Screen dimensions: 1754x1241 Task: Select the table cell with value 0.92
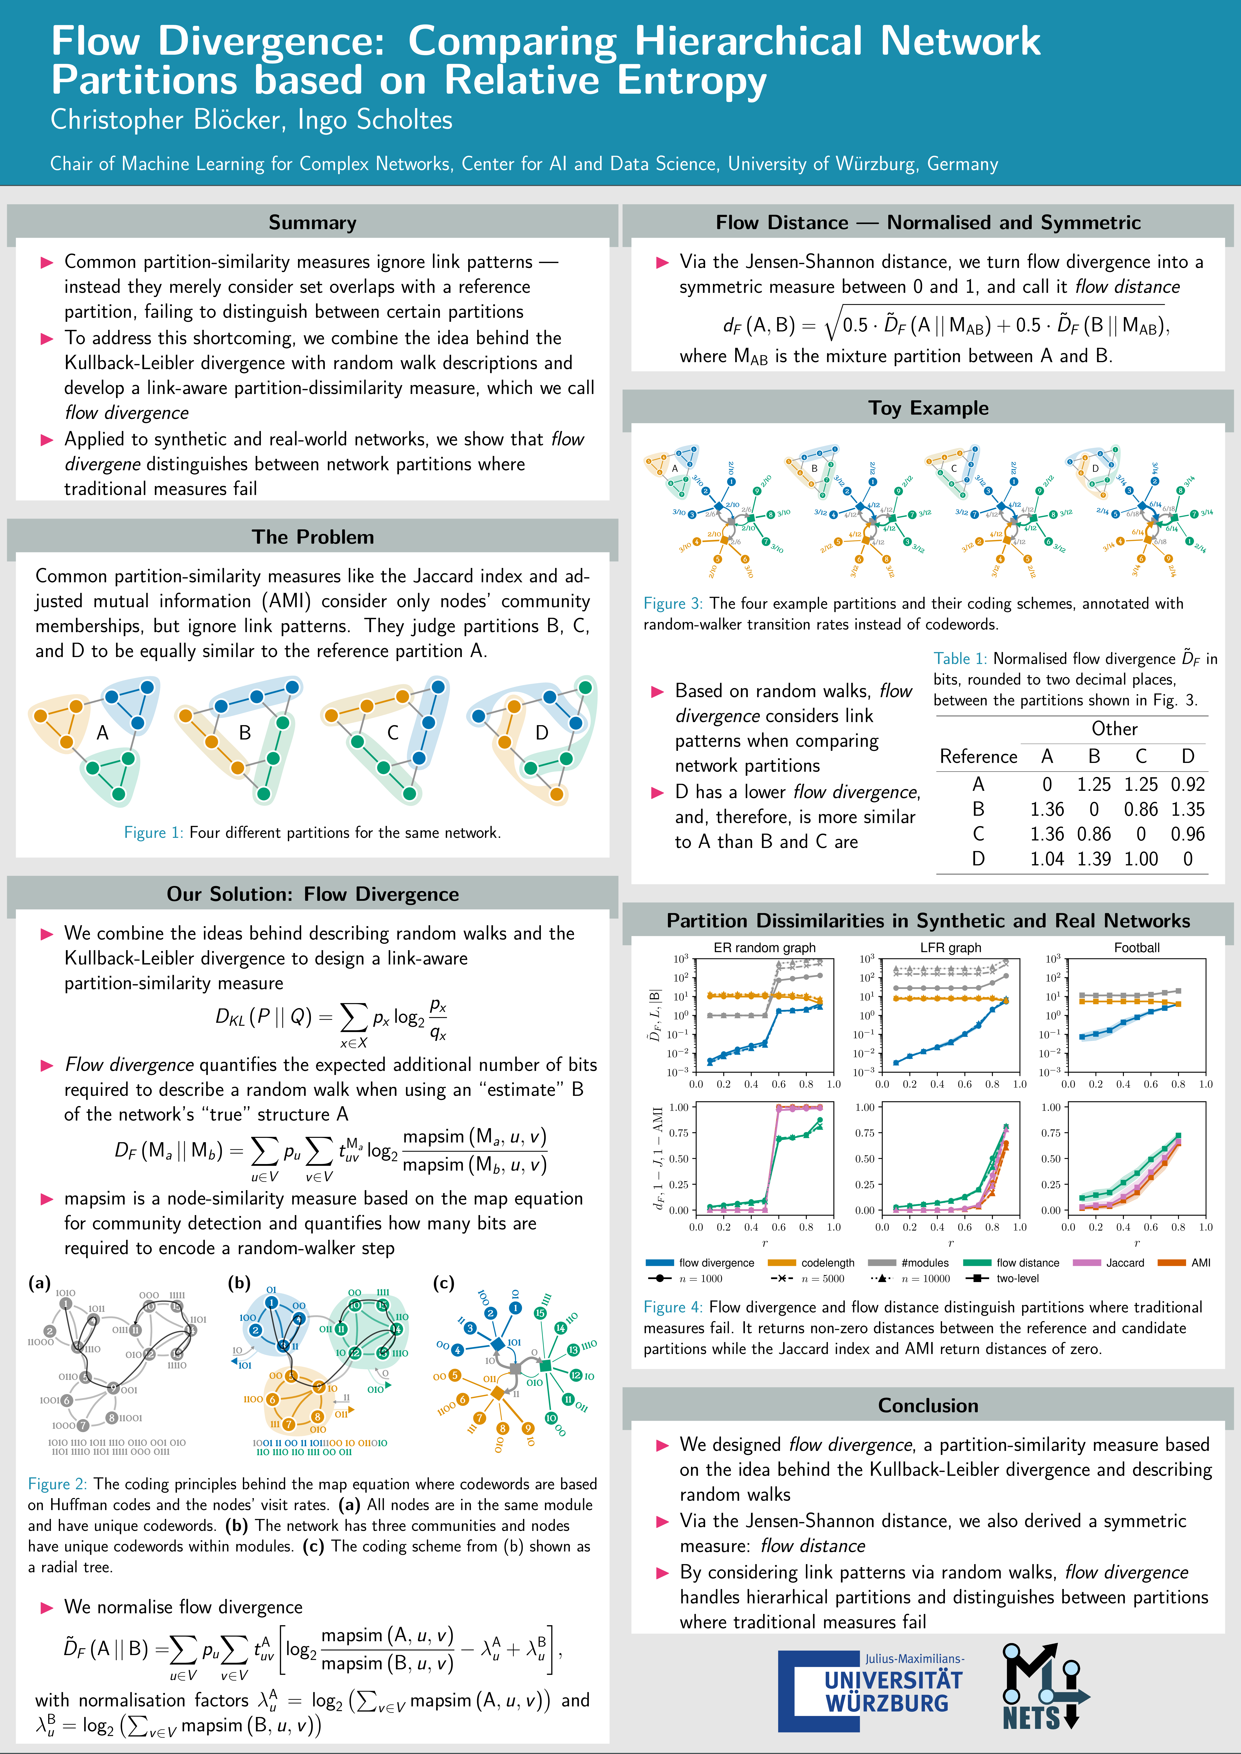(x=1187, y=785)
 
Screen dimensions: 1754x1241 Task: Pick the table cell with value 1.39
(x=1094, y=859)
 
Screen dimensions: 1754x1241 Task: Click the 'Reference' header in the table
(x=978, y=756)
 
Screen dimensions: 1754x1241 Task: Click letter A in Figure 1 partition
(x=102, y=733)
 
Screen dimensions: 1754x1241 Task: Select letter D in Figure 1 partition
(x=542, y=733)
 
